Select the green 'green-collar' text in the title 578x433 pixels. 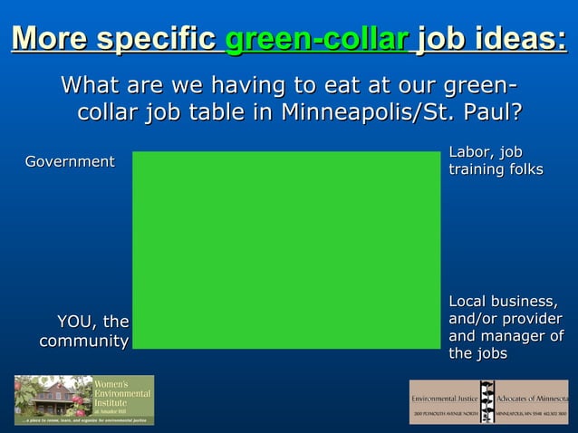pyautogui.click(x=316, y=41)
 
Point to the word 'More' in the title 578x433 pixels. pyautogui.click(x=51, y=40)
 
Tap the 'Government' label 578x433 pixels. pyautogui.click(x=69, y=161)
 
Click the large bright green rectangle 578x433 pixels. pyautogui.click(x=286, y=249)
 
